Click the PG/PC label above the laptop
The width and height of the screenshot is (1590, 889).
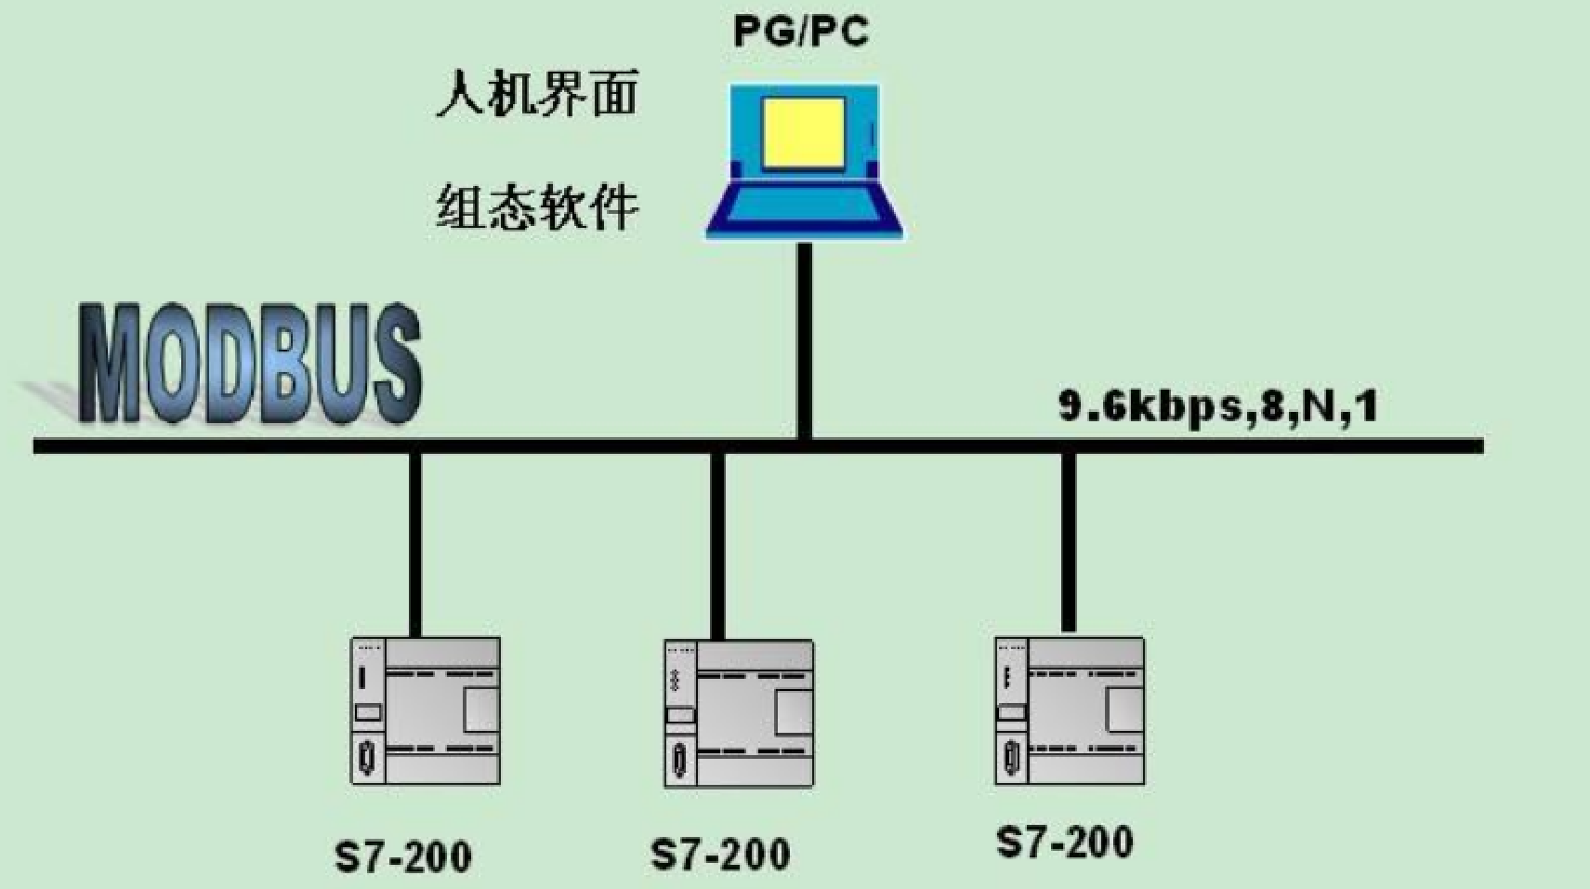coord(801,32)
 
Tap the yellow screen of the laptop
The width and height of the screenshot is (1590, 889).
coord(804,132)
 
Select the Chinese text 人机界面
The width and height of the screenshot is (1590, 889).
coord(537,95)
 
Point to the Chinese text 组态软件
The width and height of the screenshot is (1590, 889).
coord(537,206)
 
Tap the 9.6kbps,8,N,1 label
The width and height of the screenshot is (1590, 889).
coord(1217,406)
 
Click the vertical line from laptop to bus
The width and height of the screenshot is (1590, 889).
coord(805,339)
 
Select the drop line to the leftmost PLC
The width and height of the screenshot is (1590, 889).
coord(415,544)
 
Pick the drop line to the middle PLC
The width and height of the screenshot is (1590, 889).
coord(717,544)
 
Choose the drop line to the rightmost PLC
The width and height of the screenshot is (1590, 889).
coord(1069,539)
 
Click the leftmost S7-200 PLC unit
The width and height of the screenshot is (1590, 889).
coord(426,711)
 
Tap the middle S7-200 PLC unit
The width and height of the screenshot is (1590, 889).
coord(739,713)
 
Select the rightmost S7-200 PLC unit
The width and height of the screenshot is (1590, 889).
coord(1070,711)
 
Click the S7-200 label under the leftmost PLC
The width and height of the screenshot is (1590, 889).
coord(403,856)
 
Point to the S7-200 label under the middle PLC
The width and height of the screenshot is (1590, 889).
coord(720,855)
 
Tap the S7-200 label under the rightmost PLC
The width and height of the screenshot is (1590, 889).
coord(1065,842)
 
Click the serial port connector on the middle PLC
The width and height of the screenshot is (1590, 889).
coord(679,761)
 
